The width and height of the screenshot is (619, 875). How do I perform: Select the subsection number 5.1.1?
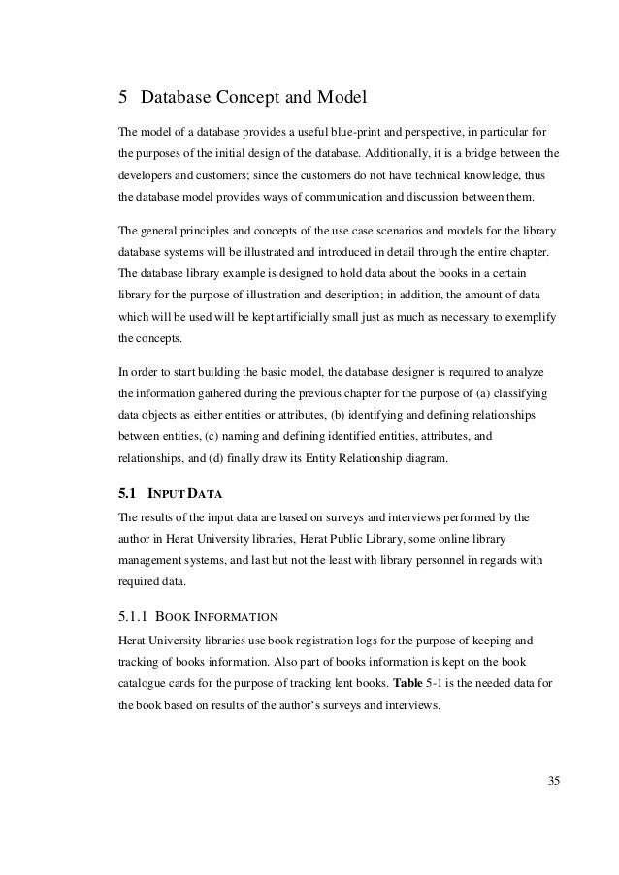[135, 613]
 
